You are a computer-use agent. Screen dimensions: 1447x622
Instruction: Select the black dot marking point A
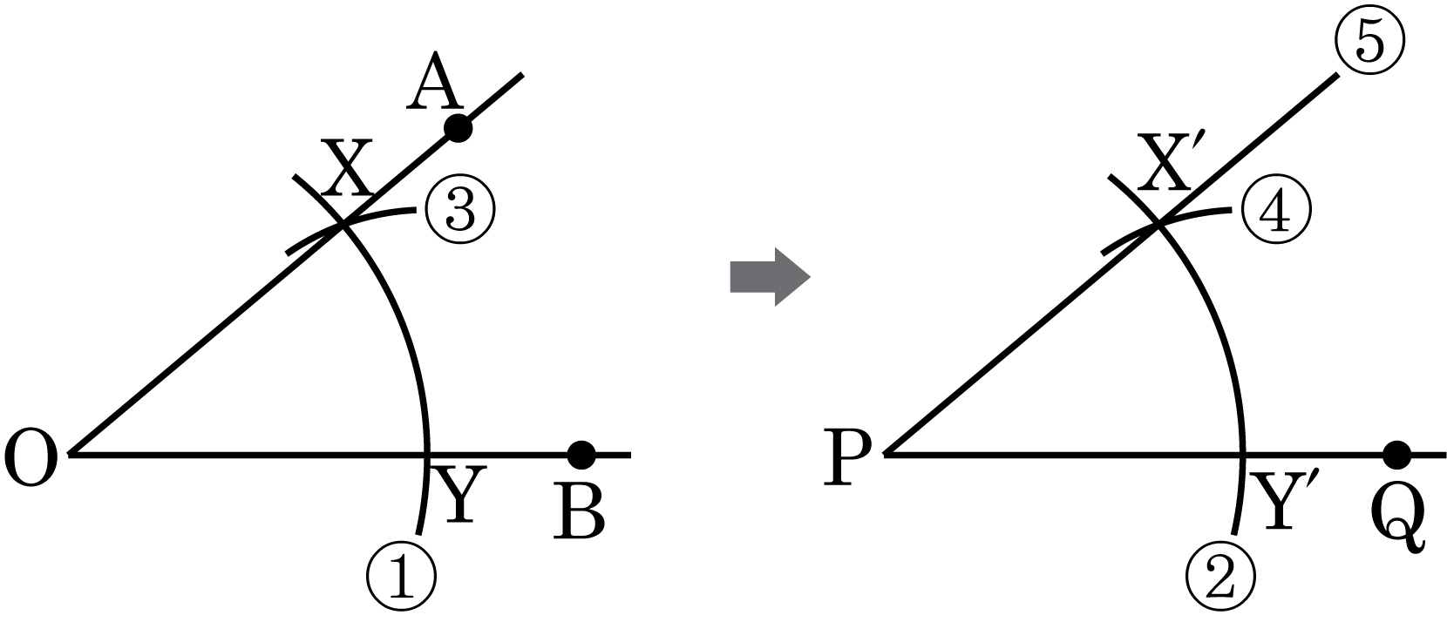coord(458,128)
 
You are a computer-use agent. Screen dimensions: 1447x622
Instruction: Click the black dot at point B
coord(581,456)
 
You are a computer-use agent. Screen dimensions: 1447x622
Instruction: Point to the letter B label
coord(580,514)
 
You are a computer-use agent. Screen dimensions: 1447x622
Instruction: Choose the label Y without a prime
coord(459,495)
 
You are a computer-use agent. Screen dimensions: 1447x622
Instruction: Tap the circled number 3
coord(460,210)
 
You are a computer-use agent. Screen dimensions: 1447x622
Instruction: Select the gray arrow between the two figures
coord(770,276)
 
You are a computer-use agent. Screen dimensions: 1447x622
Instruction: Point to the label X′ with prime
coord(1164,163)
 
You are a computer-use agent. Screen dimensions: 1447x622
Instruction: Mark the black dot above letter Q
coord(1397,456)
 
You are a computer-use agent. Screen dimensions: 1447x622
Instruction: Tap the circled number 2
coord(1221,578)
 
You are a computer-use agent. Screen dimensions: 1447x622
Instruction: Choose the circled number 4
coord(1276,210)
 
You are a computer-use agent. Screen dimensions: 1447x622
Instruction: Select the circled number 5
coord(1369,42)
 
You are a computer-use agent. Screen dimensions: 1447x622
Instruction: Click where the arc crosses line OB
coord(426,456)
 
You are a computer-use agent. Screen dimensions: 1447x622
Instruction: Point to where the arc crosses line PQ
coord(1243,456)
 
